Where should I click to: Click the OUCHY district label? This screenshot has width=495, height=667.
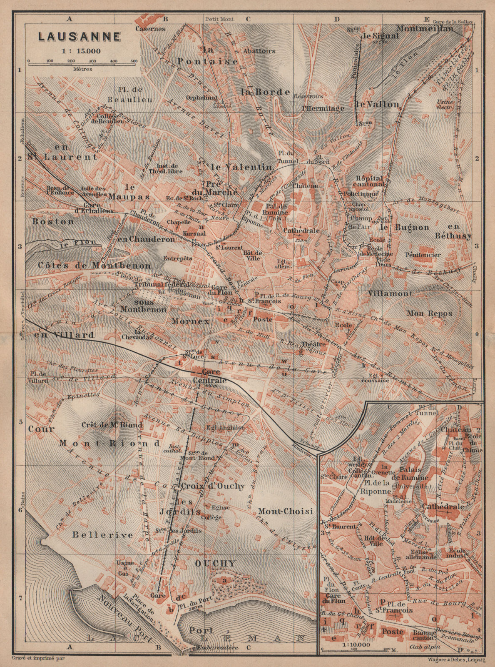[215, 563]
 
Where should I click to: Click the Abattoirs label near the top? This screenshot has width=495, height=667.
[259, 51]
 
